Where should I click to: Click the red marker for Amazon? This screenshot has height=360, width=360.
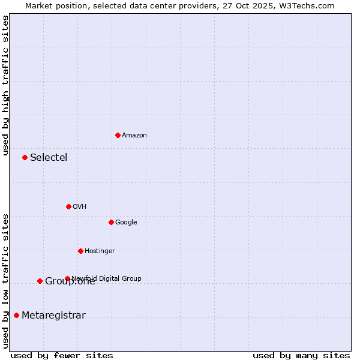pos(118,135)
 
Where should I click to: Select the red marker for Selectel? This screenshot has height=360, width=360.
pos(25,157)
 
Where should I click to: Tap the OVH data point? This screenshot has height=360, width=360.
pos(68,206)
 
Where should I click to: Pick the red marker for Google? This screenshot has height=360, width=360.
pos(111,222)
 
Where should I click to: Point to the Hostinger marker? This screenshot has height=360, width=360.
pos(80,251)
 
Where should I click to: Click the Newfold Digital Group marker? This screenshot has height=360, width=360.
pos(67,278)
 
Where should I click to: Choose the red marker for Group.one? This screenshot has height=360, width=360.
pos(40,281)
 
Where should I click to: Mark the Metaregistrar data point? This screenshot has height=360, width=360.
pos(16,315)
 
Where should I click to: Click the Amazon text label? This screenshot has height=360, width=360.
pos(134,136)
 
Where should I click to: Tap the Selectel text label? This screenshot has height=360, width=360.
pos(49,158)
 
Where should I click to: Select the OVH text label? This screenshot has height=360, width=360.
pos(80,207)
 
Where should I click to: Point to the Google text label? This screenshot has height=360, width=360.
pos(126,223)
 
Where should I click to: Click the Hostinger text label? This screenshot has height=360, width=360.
pos(100,251)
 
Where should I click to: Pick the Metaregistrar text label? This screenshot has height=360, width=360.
pos(53,316)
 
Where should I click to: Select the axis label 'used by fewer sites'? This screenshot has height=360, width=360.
pos(62,355)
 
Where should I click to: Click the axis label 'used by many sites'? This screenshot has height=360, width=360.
pos(301,355)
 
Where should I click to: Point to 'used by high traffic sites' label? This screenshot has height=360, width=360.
pos(5,85)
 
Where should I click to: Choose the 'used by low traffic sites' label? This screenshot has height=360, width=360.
pos(5,280)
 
